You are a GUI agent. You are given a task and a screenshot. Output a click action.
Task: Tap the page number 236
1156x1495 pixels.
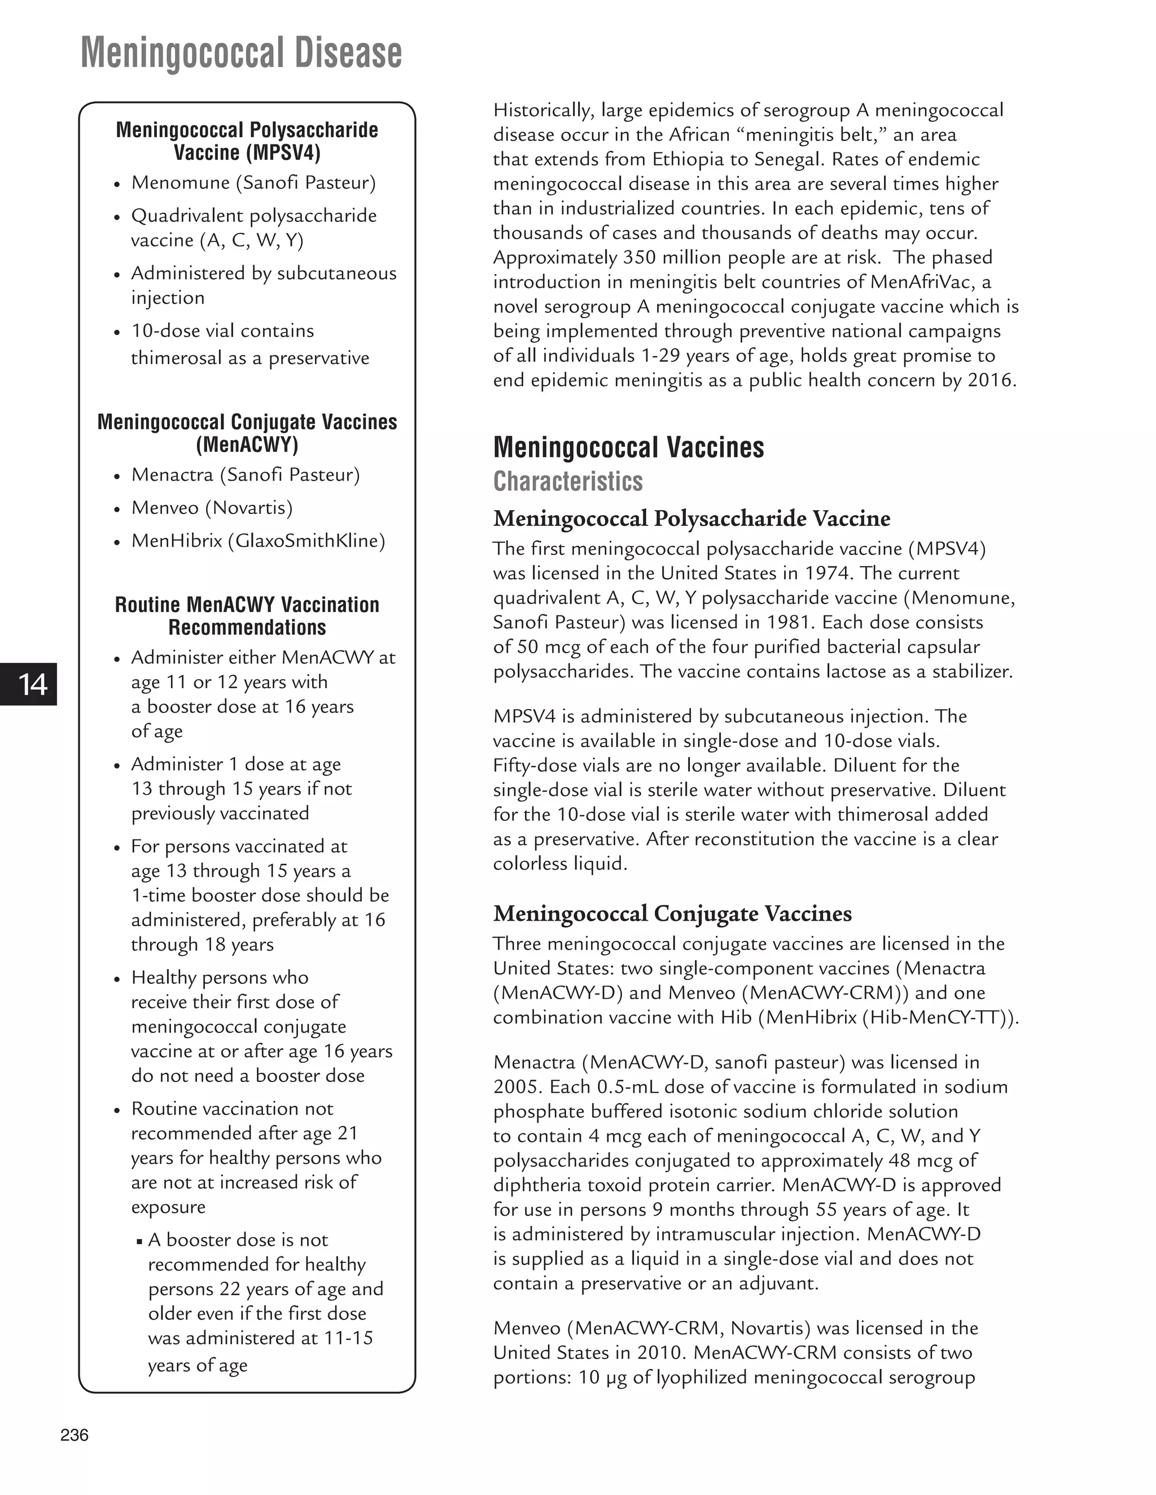pos(74,1435)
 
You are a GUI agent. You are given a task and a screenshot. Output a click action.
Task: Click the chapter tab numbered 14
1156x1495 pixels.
pos(32,684)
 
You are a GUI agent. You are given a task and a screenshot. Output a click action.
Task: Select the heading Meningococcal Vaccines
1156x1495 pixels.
pos(628,448)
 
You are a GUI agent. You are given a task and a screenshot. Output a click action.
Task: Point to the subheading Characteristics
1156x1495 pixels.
pos(568,482)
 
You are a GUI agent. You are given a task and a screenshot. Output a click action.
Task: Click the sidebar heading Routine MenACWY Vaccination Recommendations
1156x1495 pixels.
pos(247,616)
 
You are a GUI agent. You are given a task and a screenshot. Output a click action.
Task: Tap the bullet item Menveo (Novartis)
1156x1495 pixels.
pos(212,508)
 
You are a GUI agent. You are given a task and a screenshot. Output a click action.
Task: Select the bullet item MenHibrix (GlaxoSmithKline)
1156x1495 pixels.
pos(258,541)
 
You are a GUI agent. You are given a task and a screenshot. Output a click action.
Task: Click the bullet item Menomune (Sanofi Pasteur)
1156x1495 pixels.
pos(253,183)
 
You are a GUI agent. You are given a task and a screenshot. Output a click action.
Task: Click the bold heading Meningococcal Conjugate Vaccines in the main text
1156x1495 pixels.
pos(672,914)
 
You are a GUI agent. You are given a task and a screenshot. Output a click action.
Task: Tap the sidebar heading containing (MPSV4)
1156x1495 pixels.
pos(247,141)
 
